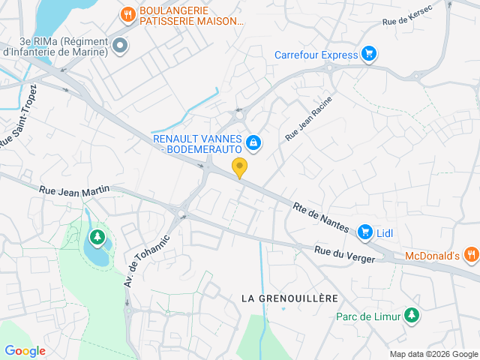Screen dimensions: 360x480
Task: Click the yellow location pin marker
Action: pyautogui.click(x=240, y=168)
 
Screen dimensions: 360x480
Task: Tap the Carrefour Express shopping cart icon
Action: pyautogui.click(x=368, y=53)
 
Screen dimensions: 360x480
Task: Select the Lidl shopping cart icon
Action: pyautogui.click(x=365, y=232)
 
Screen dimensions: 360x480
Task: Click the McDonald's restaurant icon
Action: pyautogui.click(x=470, y=255)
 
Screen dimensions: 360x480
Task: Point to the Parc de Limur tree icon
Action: pyautogui.click(x=410, y=316)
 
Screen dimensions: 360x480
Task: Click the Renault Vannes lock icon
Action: pyautogui.click(x=253, y=142)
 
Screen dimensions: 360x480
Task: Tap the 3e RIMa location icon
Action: pyautogui.click(x=119, y=46)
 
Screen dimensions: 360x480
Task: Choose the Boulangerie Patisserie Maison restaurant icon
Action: pyautogui.click(x=128, y=13)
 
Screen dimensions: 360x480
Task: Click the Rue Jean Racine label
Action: pyautogui.click(x=307, y=119)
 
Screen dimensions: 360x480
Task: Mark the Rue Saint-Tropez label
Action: pyautogui.click(x=18, y=122)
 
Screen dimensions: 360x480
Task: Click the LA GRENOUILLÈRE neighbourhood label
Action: pyautogui.click(x=289, y=298)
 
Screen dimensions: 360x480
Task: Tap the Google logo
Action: pyautogui.click(x=25, y=350)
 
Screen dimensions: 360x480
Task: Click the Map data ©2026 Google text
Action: pyautogui.click(x=433, y=354)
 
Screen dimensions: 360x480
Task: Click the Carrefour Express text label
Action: pyautogui.click(x=315, y=54)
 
